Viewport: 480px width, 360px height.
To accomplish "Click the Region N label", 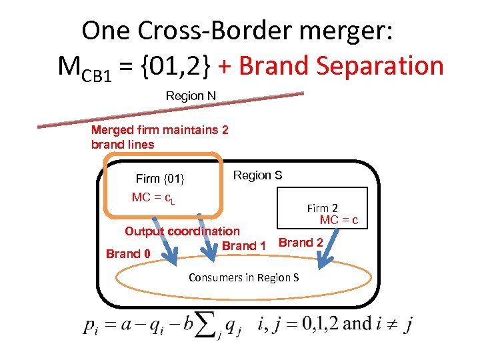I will tap(191, 96).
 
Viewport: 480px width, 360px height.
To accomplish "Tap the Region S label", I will tap(257, 175).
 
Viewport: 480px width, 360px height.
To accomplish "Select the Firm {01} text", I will tap(159, 179).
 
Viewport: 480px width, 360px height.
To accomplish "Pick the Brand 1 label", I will tap(243, 245).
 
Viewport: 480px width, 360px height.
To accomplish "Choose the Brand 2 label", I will tap(301, 242).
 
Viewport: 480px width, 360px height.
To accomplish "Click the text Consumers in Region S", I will tap(243, 277).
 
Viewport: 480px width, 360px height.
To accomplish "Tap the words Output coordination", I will tap(182, 231).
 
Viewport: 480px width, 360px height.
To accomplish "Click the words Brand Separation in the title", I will tap(341, 66).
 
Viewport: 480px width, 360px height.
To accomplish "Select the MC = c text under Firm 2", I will tap(339, 220).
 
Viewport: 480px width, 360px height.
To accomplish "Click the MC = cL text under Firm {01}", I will tap(153, 197).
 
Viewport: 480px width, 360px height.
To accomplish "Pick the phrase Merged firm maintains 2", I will tap(159, 129).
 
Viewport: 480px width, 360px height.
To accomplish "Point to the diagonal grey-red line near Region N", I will tap(170, 109).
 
